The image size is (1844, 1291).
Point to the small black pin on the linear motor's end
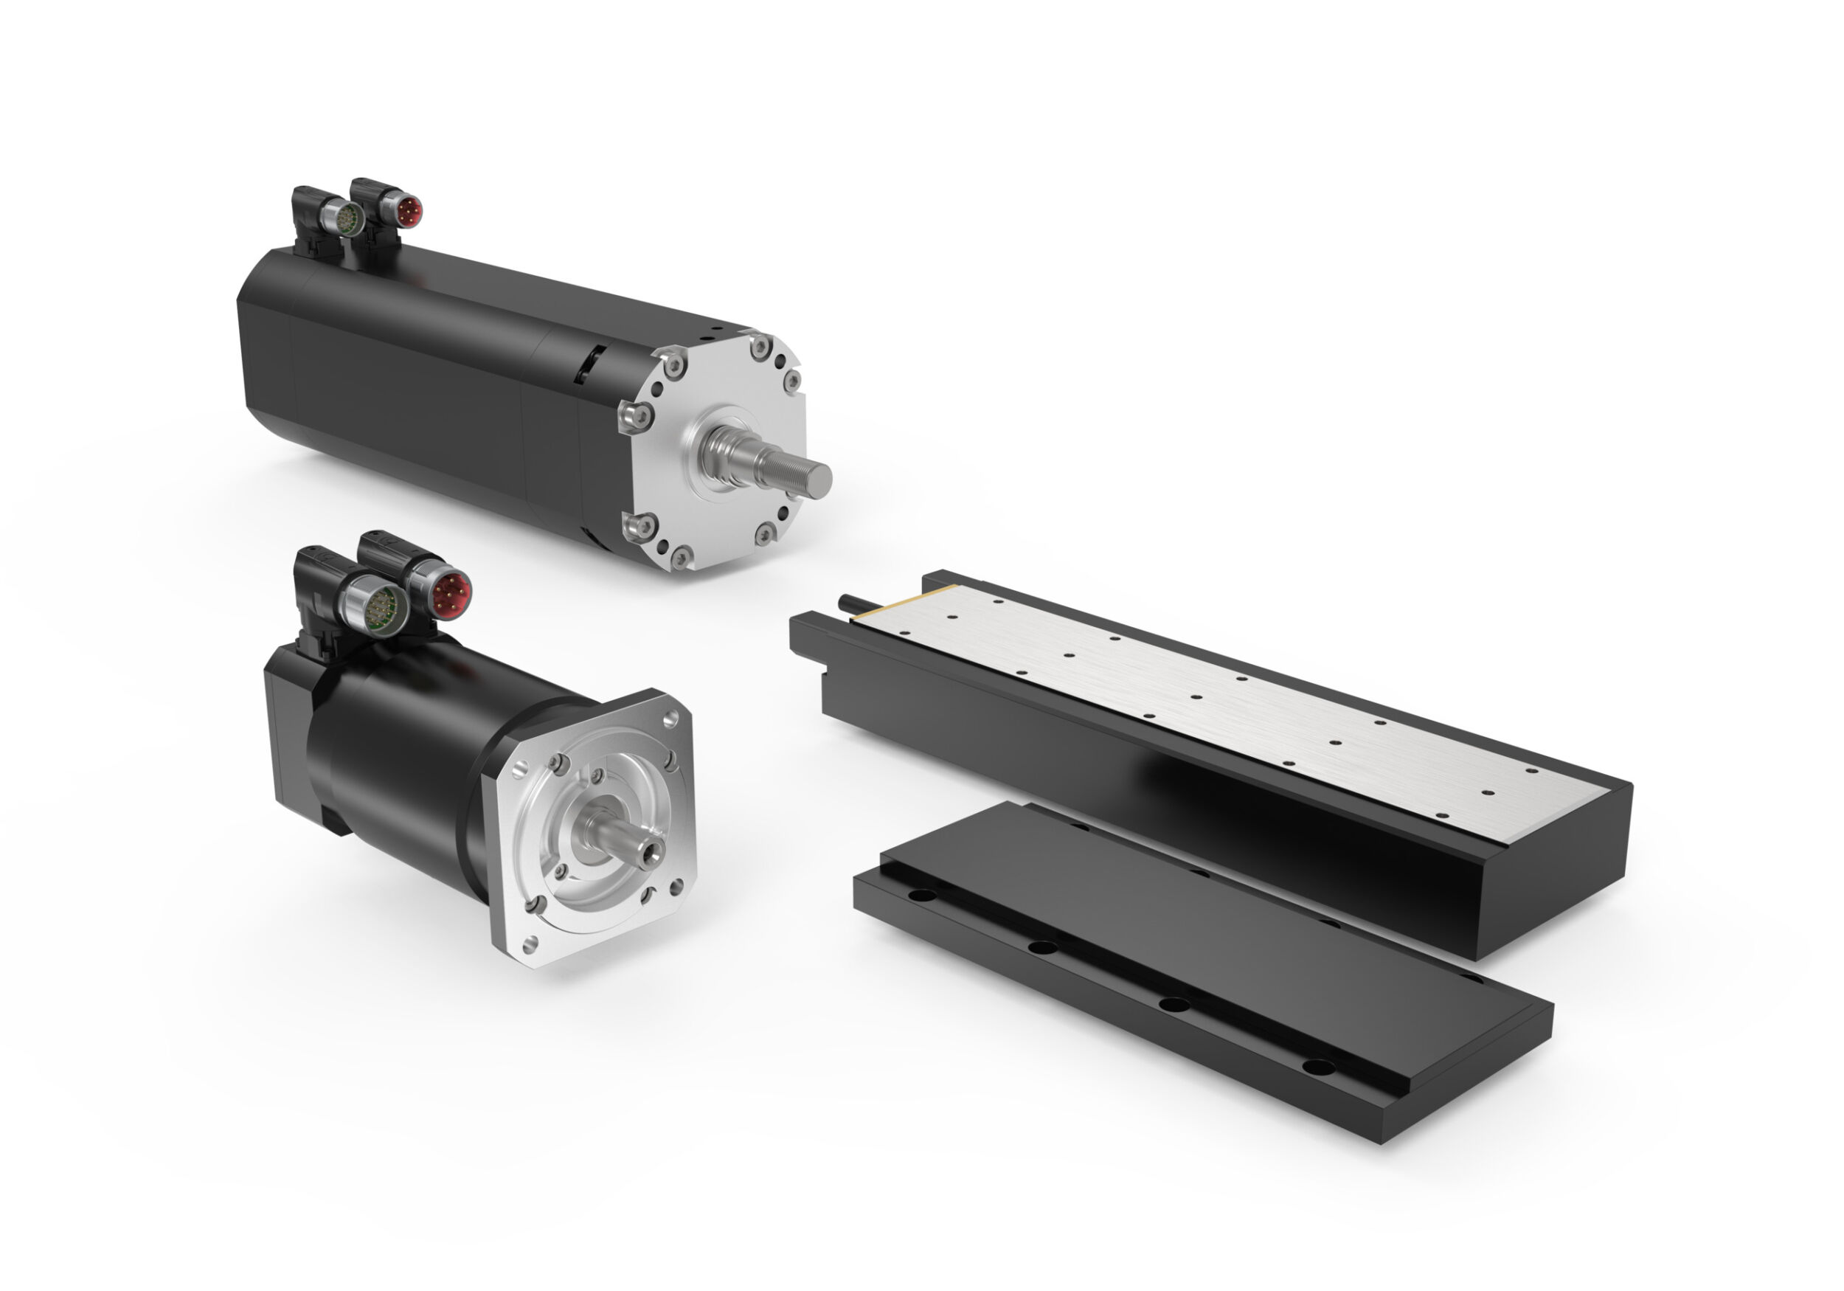[x=848, y=602]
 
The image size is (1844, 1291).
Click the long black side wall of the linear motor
[x=1124, y=787]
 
